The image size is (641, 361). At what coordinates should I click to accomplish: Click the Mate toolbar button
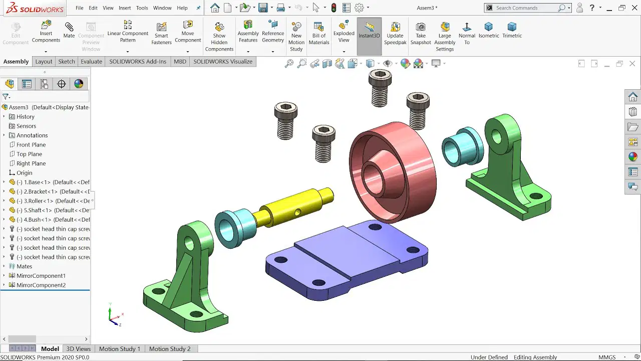pos(69,31)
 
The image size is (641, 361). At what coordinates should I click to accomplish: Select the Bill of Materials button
pos(319,33)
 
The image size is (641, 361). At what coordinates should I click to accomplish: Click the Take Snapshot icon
pos(420,27)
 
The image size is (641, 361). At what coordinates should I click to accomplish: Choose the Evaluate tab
pos(91,62)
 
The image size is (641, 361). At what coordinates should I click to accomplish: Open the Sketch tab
pos(67,62)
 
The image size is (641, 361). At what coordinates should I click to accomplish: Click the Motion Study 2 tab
pos(170,348)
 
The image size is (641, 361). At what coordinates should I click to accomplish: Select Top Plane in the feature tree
pos(29,154)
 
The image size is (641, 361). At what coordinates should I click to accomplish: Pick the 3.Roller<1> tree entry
pos(53,201)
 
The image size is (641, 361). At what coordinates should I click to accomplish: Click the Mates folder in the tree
pos(24,266)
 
